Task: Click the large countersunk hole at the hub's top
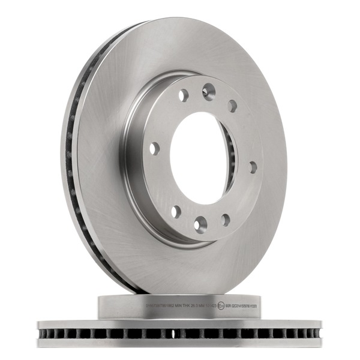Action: [209, 91]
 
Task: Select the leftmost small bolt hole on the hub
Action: [155, 148]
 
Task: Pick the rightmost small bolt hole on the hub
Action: [253, 167]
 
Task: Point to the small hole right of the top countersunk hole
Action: [232, 106]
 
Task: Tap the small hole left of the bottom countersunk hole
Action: [176, 212]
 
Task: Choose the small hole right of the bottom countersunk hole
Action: [226, 220]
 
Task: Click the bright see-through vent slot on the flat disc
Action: [174, 333]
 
